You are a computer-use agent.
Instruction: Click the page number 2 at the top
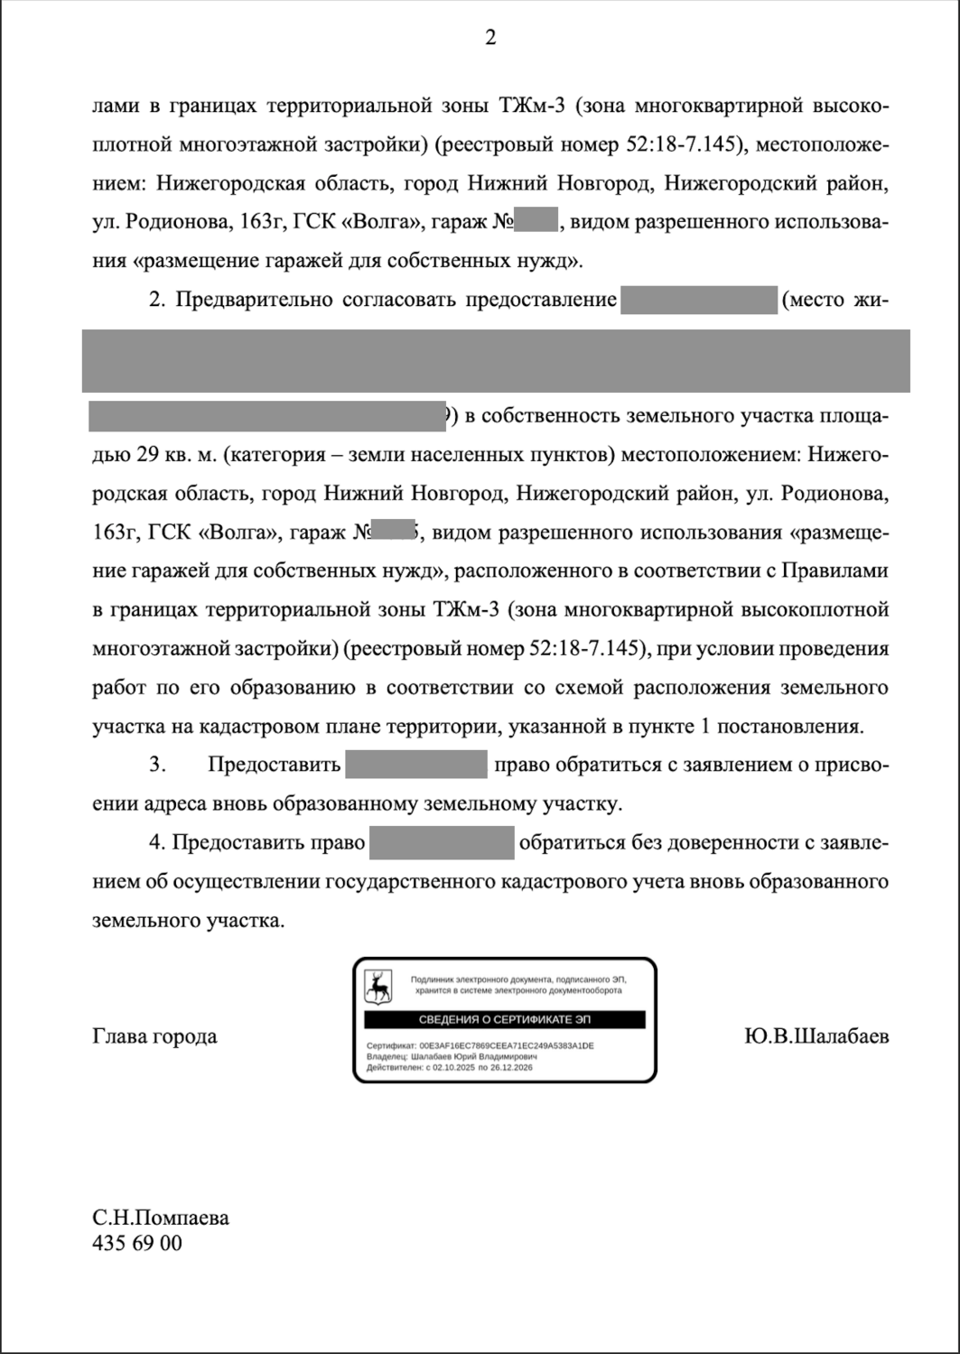point(490,37)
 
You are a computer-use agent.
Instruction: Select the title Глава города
point(154,1035)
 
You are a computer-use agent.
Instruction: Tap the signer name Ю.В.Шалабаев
point(816,1035)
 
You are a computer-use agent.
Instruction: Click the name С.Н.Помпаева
point(161,1218)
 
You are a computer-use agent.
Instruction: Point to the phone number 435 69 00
point(137,1243)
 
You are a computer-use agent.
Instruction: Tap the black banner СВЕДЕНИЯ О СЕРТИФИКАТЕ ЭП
point(505,1020)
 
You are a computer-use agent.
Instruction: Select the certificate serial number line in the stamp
point(480,1045)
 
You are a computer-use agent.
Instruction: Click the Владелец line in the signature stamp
point(452,1056)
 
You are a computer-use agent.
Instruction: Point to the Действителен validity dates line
point(450,1067)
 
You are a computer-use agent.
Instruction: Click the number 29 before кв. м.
point(147,454)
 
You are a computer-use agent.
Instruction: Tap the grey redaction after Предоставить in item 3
point(416,764)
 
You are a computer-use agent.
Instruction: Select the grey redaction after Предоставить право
point(442,842)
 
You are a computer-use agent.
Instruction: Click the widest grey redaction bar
point(496,361)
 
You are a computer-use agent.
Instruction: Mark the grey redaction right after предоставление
point(699,300)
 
